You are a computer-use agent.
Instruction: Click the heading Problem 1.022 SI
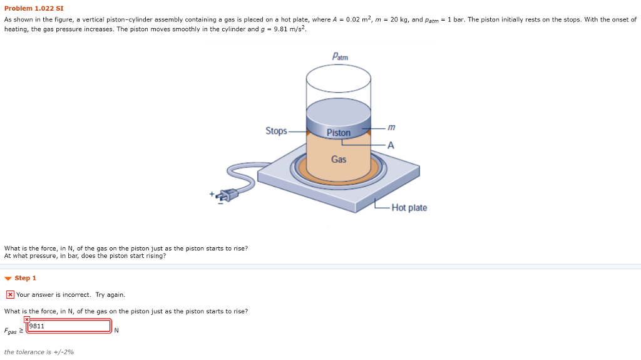34,9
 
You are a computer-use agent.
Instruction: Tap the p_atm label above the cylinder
340,57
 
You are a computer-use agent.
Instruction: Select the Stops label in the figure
276,131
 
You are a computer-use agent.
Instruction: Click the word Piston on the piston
339,133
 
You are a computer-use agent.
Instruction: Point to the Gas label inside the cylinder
339,159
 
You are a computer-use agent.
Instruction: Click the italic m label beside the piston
391,127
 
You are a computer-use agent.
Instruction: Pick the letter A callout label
391,145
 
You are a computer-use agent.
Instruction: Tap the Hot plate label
409,208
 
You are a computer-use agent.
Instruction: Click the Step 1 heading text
26,278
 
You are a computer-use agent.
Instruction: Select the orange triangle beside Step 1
8,279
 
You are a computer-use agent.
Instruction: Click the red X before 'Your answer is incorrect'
10,295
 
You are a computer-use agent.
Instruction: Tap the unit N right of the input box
116,331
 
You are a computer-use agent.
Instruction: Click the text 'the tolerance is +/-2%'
39,352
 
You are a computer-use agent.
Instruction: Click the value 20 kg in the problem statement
394,19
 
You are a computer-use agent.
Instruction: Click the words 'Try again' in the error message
110,295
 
